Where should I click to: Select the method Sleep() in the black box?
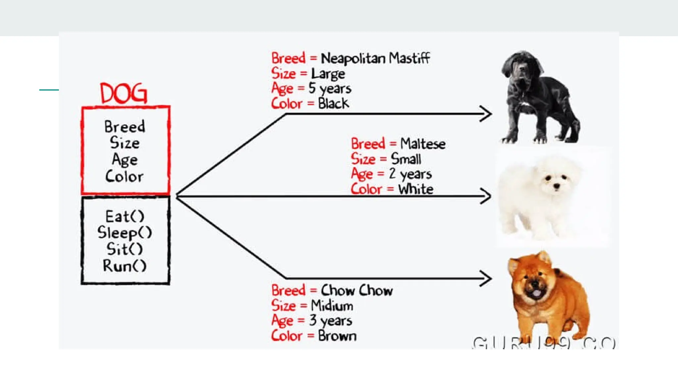[x=125, y=233]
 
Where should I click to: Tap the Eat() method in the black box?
[x=125, y=217]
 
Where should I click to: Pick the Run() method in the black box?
[x=125, y=266]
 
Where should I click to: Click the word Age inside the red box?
[x=125, y=160]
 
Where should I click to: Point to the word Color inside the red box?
[x=124, y=176]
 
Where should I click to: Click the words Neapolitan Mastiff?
[x=375, y=59]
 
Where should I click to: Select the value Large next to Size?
[x=328, y=74]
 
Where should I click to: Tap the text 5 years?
[x=330, y=89]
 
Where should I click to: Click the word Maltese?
[x=423, y=144]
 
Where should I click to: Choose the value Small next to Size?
[x=406, y=159]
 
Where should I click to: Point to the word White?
[x=416, y=189]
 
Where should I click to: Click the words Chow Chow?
[x=357, y=290]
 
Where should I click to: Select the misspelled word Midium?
[x=332, y=306]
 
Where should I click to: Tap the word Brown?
[x=337, y=336]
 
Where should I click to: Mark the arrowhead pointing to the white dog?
[x=486, y=196]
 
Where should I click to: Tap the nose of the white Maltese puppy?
[x=557, y=187]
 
